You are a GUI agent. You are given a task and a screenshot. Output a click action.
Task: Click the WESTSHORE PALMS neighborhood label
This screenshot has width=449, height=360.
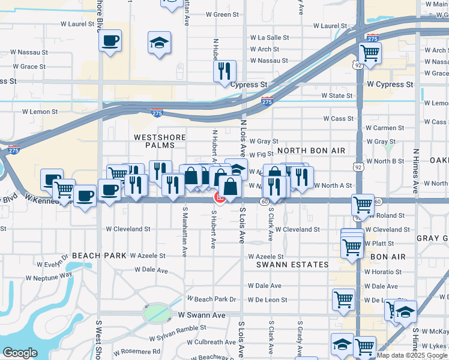tap(154, 141)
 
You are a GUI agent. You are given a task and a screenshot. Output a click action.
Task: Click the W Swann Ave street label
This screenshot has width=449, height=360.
tap(201, 315)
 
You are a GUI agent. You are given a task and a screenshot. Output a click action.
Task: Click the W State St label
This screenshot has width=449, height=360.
tap(337, 95)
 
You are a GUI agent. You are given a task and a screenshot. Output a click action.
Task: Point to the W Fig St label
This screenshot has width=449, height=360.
tap(261, 155)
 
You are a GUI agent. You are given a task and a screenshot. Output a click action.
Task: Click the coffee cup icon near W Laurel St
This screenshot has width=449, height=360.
tap(110, 42)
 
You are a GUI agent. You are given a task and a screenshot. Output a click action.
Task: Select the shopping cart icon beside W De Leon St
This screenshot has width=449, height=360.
tap(344, 298)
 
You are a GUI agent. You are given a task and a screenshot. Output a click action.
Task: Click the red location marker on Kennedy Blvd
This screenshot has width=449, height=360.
tap(220, 197)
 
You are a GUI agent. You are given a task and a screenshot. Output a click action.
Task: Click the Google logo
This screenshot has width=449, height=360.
tap(20, 353)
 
